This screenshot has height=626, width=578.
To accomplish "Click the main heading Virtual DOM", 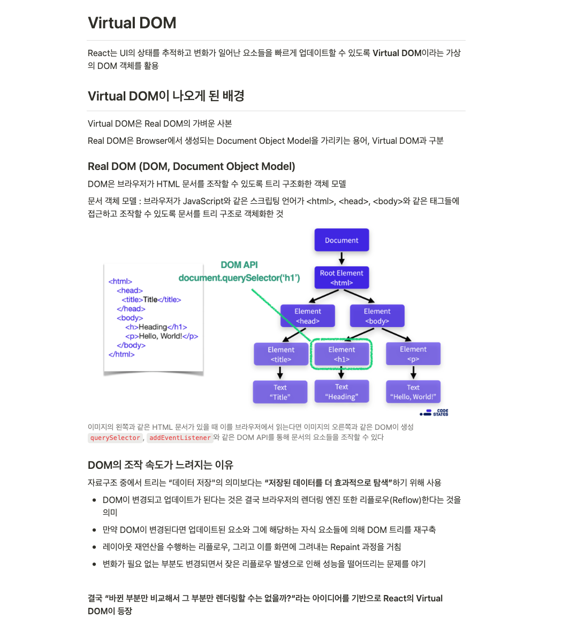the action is (132, 23).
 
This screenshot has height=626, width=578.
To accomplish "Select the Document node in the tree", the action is (341, 240).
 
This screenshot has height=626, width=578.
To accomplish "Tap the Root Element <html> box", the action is (341, 277).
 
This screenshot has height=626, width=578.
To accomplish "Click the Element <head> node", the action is (308, 316).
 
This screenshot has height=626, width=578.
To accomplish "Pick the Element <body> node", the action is (377, 316).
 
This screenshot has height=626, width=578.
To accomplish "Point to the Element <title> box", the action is (281, 354).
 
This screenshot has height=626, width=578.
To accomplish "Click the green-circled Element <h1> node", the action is (341, 354).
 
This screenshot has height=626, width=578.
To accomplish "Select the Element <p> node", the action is (413, 354).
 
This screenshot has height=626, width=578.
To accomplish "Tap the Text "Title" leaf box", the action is (280, 392).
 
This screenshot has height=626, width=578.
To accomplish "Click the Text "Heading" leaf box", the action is (341, 391).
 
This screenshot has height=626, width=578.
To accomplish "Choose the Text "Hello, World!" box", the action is (413, 392).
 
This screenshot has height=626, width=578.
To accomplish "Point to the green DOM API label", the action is (239, 265).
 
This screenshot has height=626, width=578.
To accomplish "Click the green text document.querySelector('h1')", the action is (239, 278).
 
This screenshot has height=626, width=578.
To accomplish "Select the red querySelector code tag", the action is (115, 438).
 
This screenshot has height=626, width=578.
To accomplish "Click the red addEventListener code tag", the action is (180, 438).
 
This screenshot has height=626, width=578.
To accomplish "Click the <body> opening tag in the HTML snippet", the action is (130, 318).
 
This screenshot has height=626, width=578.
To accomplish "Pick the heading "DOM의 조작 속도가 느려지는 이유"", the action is (161, 465).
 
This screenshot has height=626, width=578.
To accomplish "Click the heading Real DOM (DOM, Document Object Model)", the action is (192, 166).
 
